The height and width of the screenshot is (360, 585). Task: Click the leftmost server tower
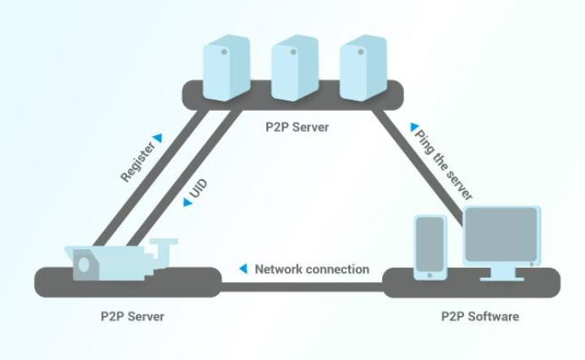(227, 68)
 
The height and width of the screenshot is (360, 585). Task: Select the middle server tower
(295, 68)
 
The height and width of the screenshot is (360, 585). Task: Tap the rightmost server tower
(363, 68)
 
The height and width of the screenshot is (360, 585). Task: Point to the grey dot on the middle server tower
(293, 52)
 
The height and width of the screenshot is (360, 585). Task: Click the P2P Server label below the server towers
(298, 128)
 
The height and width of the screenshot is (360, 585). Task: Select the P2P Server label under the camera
(133, 317)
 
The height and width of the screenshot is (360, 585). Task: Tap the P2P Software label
(480, 317)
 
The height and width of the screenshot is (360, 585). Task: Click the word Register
(137, 162)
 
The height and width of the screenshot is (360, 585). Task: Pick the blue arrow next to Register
(159, 138)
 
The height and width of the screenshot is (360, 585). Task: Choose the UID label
(199, 188)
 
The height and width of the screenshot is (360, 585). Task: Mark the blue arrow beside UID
(188, 203)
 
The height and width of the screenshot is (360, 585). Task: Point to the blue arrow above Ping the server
(413, 128)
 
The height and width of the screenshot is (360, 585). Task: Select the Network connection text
(312, 270)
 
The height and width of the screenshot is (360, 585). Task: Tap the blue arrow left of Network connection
(243, 269)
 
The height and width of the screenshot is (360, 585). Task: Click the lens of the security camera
(84, 265)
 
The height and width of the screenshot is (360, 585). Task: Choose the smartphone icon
(430, 248)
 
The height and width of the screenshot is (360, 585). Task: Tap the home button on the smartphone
(429, 275)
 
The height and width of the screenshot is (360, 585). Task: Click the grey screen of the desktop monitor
(501, 234)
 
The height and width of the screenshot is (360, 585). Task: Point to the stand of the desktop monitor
(501, 274)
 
